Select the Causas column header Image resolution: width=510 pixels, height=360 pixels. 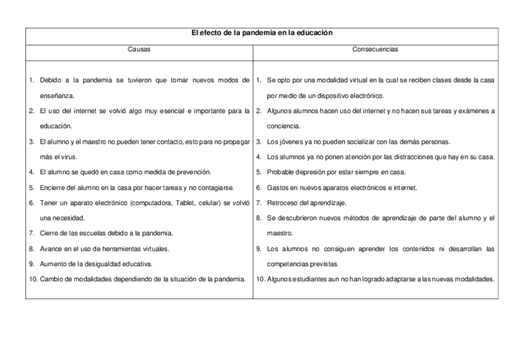139,50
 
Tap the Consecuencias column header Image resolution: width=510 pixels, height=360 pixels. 375,50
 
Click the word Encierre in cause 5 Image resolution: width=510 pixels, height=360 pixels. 52,188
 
